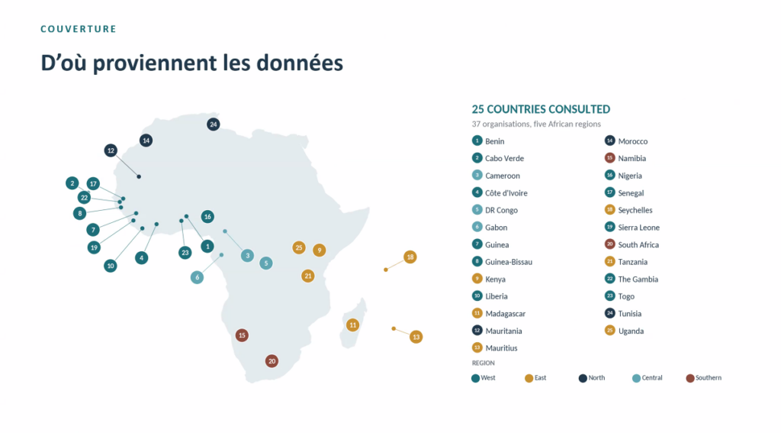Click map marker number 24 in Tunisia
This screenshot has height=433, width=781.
[x=214, y=124]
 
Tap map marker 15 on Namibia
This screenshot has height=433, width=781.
[x=242, y=335]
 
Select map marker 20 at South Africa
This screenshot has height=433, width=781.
[x=272, y=361]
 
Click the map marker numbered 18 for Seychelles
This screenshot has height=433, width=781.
[x=410, y=257]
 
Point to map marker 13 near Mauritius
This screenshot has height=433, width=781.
[x=416, y=337]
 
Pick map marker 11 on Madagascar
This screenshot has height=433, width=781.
[x=352, y=325]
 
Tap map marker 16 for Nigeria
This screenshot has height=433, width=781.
[x=207, y=217]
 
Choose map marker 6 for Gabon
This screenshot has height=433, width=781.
[x=198, y=277]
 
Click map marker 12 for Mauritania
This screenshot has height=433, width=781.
[x=111, y=150]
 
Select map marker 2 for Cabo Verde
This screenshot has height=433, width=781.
[x=72, y=183]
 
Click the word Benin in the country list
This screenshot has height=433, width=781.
[x=494, y=141]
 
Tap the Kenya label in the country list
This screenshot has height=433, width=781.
[x=495, y=280]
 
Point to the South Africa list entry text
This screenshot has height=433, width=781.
[x=638, y=244]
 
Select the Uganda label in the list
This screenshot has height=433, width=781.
[x=631, y=331]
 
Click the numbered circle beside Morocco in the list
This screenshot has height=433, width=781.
[x=609, y=141]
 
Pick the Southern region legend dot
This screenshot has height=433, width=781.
[x=689, y=378]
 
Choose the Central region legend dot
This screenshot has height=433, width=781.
[x=636, y=378]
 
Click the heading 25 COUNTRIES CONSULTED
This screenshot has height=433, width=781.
[x=541, y=109]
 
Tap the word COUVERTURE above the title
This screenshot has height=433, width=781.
[x=79, y=29]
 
